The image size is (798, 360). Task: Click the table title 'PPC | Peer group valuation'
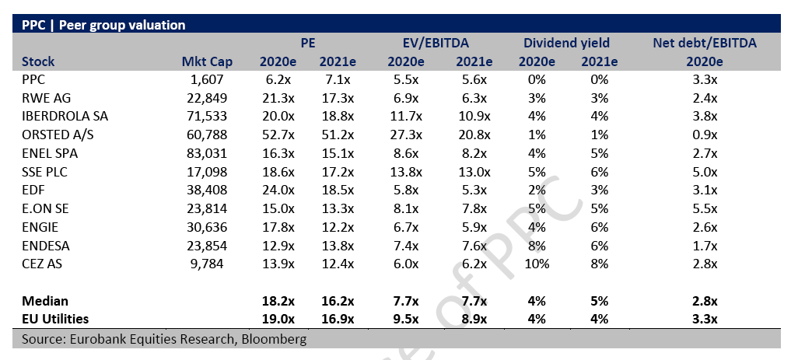pyautogui.click(x=99, y=25)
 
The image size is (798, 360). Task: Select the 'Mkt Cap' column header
pyautogui.click(x=202, y=61)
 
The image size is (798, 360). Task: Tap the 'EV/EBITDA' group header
pyautogui.click(x=436, y=43)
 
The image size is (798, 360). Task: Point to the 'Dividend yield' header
pyautogui.click(x=566, y=43)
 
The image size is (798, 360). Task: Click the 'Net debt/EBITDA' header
pyautogui.click(x=705, y=43)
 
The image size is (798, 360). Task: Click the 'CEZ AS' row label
pyautogui.click(x=44, y=265)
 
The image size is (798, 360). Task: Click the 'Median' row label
pyautogui.click(x=45, y=301)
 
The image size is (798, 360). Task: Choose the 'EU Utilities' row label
pyautogui.click(x=55, y=319)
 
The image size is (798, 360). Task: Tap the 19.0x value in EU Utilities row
pyautogui.click(x=276, y=319)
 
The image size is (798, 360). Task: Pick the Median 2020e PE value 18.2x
pyautogui.click(x=276, y=301)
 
